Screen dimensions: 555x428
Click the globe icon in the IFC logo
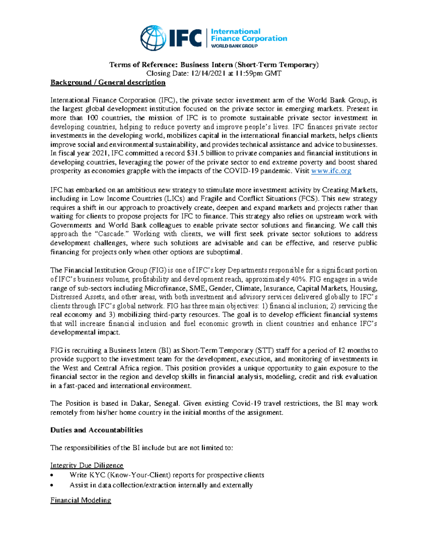(x=153, y=38)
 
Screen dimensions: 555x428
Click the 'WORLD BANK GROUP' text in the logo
(x=234, y=46)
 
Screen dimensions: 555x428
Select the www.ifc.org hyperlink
(x=331, y=171)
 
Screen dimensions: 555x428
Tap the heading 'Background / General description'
(x=108, y=83)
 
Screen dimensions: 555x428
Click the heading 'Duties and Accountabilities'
(x=96, y=430)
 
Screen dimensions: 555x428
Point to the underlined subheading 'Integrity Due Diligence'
(x=87, y=465)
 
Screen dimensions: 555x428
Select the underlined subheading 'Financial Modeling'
(x=81, y=500)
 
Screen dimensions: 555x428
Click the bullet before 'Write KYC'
(x=52, y=475)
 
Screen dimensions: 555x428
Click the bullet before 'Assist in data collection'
(x=52, y=485)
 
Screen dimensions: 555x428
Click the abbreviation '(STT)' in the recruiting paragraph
(x=264, y=350)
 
